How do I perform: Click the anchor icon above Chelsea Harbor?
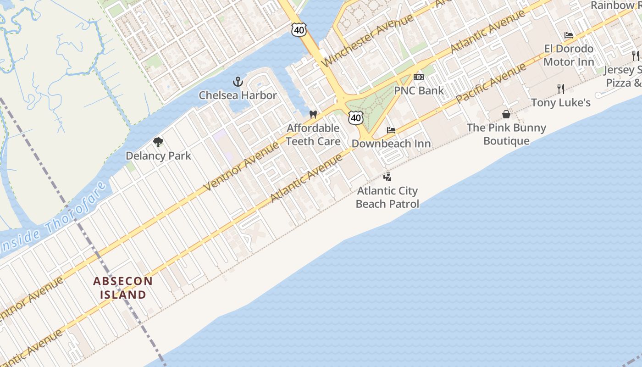(238, 82)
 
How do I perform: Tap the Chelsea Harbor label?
(238, 95)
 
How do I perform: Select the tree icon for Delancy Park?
(158, 142)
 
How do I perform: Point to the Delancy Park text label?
(158, 156)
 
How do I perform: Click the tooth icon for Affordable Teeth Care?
(313, 114)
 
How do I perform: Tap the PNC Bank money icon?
(418, 77)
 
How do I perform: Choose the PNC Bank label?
(419, 90)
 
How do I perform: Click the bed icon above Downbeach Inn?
(391, 130)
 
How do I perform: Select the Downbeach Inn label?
(391, 144)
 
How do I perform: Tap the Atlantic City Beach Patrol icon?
(387, 177)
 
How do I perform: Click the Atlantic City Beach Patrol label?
(387, 197)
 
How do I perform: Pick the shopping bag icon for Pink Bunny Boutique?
(506, 114)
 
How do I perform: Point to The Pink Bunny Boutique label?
(506, 134)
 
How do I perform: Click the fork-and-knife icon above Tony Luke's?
(560, 89)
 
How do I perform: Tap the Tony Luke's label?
(560, 102)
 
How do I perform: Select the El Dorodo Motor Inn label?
(569, 55)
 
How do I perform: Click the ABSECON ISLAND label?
(123, 288)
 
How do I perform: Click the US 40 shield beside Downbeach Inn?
(355, 118)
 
